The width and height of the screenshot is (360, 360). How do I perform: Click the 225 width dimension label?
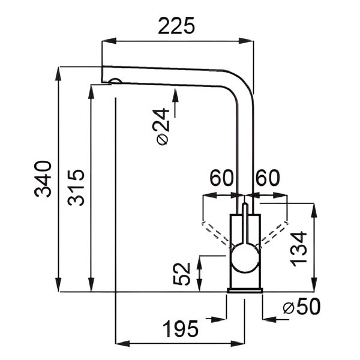(176, 26)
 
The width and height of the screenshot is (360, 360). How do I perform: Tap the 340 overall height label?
(43, 179)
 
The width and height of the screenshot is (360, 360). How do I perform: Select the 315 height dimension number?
(76, 188)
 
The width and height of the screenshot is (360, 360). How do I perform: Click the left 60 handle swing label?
(221, 178)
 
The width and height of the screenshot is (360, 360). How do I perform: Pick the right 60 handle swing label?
(268, 178)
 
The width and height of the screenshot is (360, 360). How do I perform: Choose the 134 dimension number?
(298, 249)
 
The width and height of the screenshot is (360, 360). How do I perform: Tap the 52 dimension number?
(182, 274)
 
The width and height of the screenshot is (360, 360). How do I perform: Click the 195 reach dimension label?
(181, 329)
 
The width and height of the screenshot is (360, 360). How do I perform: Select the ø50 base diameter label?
(302, 307)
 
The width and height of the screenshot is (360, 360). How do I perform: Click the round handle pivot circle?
(245, 258)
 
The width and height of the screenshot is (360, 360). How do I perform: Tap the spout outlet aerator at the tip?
(115, 81)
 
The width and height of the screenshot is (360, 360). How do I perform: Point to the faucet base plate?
(245, 290)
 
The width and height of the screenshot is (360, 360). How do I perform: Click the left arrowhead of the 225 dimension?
(109, 41)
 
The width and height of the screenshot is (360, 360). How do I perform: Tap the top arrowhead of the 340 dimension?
(58, 74)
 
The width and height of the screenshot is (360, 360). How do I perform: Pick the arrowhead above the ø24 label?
(175, 96)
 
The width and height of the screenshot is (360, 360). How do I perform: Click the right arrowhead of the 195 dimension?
(238, 344)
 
